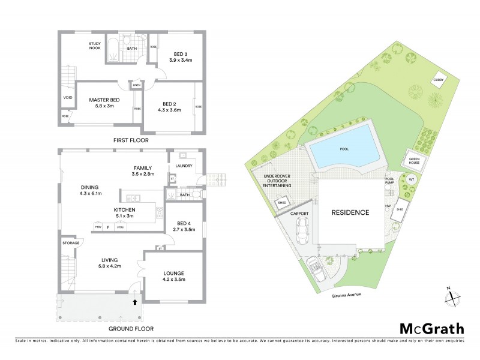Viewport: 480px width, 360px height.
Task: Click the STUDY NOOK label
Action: (x=94, y=46)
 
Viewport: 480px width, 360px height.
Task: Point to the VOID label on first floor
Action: (x=68, y=98)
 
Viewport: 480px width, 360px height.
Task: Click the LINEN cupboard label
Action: (x=136, y=85)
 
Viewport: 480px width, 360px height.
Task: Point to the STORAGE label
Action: (x=71, y=243)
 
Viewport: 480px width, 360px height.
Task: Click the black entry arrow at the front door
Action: (x=134, y=302)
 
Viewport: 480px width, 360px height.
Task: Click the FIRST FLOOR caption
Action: (x=131, y=140)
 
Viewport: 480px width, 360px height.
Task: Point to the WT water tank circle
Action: (x=412, y=179)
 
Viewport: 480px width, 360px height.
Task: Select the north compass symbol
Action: (x=452, y=295)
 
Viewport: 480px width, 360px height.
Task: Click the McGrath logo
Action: (x=432, y=328)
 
